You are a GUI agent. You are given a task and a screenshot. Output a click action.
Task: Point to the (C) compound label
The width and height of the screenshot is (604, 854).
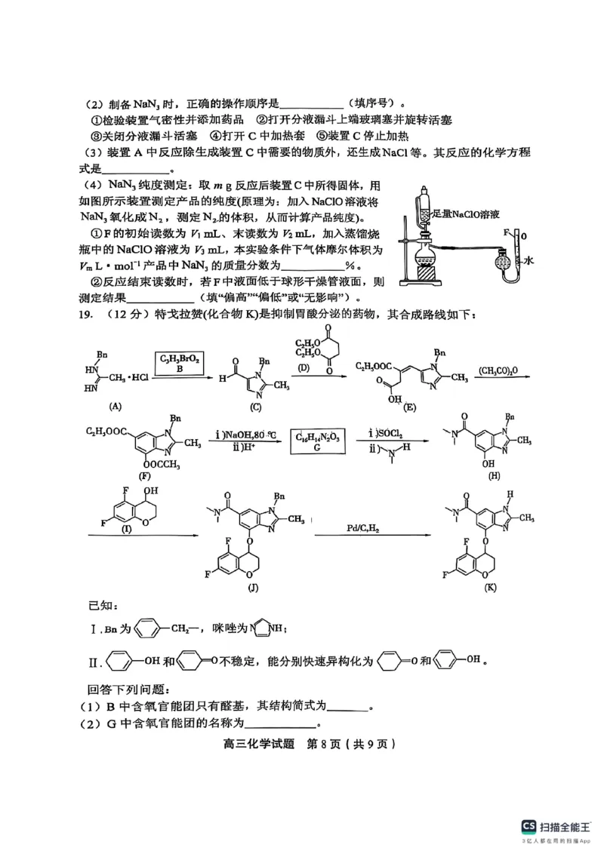pyautogui.click(x=255, y=407)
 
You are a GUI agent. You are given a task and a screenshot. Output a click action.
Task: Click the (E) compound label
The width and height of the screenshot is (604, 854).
pyautogui.click(x=411, y=407)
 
